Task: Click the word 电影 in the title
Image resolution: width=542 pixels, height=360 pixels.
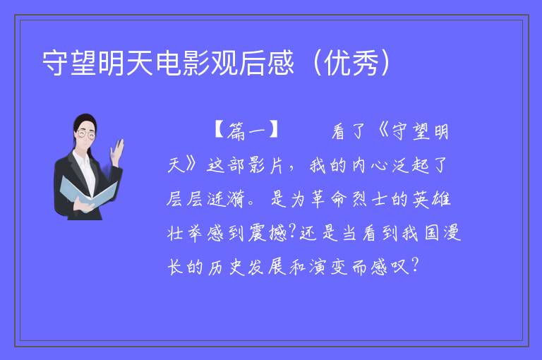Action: [183, 63]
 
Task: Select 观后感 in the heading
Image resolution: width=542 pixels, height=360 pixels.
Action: [253, 63]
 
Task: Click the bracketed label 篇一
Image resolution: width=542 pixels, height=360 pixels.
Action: [246, 131]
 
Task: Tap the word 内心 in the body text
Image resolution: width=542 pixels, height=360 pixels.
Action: [370, 165]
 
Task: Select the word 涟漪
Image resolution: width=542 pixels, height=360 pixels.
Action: [227, 199]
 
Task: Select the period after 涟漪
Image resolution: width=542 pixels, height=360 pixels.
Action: [251, 204]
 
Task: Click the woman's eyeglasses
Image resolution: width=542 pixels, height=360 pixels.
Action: [86, 134]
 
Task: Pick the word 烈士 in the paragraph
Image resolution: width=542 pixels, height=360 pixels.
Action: [369, 199]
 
